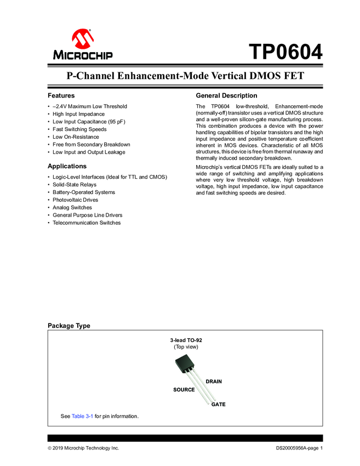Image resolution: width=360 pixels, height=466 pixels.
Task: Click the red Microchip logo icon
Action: point(83,38)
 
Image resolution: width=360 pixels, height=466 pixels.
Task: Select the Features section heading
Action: point(61,95)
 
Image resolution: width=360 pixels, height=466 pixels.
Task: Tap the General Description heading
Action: point(226,95)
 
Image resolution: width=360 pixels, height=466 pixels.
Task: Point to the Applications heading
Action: point(67,166)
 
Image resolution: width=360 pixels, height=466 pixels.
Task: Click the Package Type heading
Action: point(69,326)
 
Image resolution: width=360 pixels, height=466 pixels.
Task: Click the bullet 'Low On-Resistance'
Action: point(76,137)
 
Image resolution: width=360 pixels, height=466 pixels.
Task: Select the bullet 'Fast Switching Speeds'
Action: point(79,129)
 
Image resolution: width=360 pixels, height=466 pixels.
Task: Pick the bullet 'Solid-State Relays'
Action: point(74,185)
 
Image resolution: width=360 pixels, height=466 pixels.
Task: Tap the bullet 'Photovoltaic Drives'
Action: point(76,200)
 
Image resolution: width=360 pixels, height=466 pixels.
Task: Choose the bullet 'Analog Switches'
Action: point(72,208)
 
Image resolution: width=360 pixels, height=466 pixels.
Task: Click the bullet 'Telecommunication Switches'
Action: point(86,223)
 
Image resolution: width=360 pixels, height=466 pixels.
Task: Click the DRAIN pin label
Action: point(214,381)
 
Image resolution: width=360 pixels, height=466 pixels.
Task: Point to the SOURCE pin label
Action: point(184,389)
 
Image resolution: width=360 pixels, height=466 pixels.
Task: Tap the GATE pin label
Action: point(218,404)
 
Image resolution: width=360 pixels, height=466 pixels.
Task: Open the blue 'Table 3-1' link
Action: point(82,416)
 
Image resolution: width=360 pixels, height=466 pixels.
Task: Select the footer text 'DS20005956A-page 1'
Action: point(299,448)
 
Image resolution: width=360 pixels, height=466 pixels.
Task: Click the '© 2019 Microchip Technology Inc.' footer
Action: point(83,448)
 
